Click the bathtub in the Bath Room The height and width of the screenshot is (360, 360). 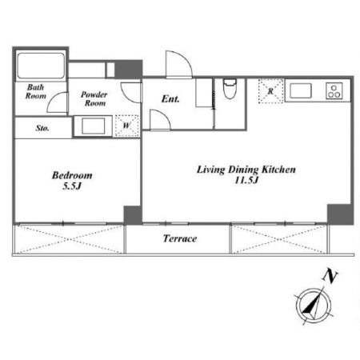[41, 66]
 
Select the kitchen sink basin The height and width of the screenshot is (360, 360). [301, 90]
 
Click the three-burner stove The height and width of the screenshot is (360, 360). [334, 91]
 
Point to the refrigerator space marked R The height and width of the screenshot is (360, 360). [270, 91]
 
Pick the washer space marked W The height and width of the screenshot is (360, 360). [126, 126]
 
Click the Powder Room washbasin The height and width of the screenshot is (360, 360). [93, 126]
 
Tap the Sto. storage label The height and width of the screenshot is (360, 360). [42, 128]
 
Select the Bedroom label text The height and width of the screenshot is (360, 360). [72, 175]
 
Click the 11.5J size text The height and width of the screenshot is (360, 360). [246, 180]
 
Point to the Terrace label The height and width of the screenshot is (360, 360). [180, 238]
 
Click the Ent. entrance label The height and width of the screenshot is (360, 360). [170, 99]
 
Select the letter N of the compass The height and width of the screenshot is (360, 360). [330, 277]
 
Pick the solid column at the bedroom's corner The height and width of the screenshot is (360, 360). [132, 214]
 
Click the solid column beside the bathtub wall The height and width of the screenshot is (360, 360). [128, 69]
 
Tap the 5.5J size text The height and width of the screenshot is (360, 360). [72, 186]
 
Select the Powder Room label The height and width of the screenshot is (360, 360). [94, 98]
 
